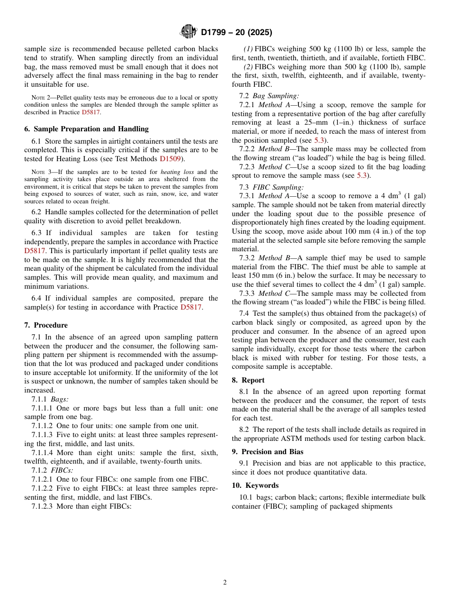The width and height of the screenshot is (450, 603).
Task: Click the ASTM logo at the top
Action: (188, 32)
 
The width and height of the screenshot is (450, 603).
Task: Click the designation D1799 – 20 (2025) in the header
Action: (236, 32)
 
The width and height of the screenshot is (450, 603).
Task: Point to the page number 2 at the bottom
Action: (225, 583)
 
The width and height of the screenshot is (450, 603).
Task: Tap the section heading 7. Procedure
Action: (46, 325)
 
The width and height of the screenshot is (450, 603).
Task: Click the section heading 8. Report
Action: (248, 380)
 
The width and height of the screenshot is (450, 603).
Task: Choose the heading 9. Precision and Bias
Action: (268, 452)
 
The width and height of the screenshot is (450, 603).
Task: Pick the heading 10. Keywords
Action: (255, 485)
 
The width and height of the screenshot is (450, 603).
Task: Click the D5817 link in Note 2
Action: (91, 112)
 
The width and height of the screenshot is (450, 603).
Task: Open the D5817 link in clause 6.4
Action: (191, 307)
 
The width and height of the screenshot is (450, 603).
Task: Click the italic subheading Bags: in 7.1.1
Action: (60, 399)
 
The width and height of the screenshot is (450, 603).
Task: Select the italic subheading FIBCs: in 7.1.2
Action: (62, 470)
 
